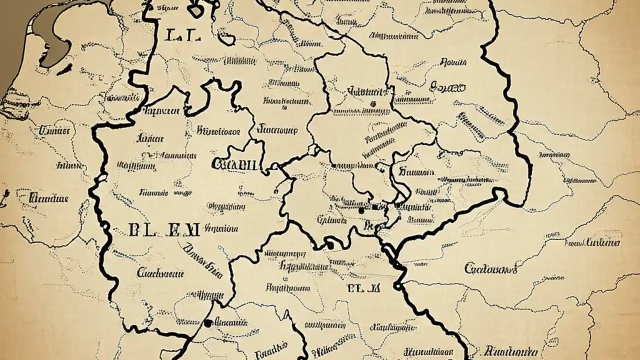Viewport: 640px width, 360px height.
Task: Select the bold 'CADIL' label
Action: click(x=234, y=164)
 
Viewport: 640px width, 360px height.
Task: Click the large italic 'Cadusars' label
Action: click(x=491, y=269)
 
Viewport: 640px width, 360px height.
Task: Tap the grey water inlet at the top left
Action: click(x=52, y=30)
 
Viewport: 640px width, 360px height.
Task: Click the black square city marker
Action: click(x=374, y=207)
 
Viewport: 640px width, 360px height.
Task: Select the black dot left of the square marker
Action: click(x=361, y=211)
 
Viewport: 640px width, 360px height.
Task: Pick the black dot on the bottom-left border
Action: click(x=208, y=323)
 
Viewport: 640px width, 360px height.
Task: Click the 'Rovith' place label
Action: click(x=453, y=63)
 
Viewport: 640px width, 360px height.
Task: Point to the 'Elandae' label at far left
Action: click(x=48, y=198)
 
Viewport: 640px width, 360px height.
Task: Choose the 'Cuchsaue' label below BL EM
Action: click(x=160, y=273)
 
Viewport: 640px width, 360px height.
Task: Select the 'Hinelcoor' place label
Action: click(x=218, y=131)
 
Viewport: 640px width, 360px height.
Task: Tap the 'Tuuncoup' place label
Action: click(x=277, y=130)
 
